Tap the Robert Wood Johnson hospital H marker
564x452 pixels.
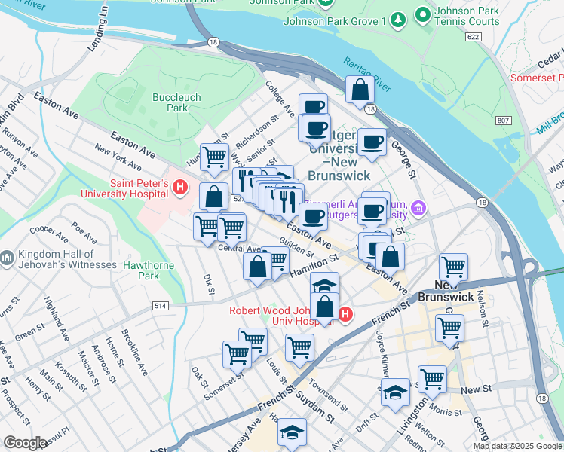point(345,314)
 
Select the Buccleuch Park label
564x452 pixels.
point(170,102)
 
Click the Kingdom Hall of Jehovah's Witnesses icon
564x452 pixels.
point(8,258)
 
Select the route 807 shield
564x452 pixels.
point(503,121)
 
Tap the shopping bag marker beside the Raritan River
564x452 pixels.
point(360,90)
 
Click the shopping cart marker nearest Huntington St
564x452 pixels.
point(215,157)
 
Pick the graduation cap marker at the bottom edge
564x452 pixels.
point(293,433)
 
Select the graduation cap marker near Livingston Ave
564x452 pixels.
point(395,392)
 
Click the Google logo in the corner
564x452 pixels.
point(25,443)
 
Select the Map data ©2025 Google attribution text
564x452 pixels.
point(517,446)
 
